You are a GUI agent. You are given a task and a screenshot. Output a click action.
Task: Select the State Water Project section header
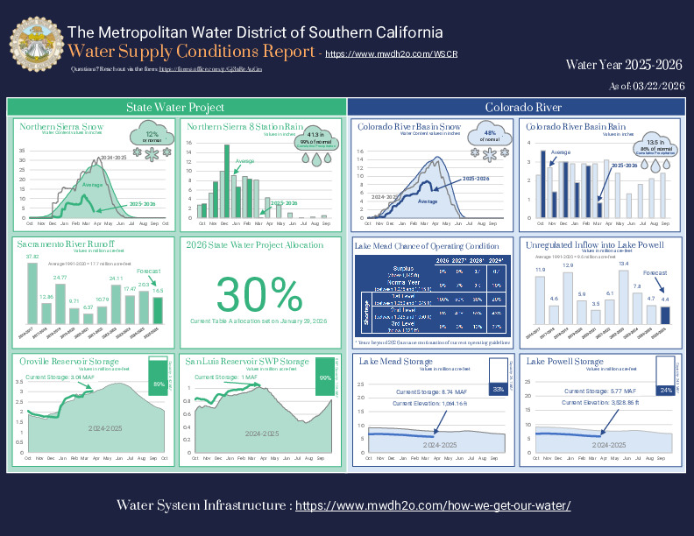click(x=175, y=107)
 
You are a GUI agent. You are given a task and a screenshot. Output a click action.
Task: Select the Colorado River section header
click(x=523, y=107)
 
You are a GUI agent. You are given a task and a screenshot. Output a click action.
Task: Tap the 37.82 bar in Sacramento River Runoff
click(x=32, y=293)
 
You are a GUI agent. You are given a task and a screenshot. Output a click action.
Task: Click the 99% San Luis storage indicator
click(x=325, y=377)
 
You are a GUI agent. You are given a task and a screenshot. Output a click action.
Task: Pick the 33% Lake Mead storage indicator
click(x=498, y=388)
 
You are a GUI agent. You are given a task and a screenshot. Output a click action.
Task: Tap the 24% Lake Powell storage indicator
click(x=666, y=390)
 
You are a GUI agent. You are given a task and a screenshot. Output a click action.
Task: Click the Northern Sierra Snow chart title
click(x=56, y=127)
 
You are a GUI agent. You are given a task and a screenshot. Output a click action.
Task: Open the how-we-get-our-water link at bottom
click(x=433, y=506)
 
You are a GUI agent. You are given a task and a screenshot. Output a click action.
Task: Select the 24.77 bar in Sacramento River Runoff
click(x=60, y=302)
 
